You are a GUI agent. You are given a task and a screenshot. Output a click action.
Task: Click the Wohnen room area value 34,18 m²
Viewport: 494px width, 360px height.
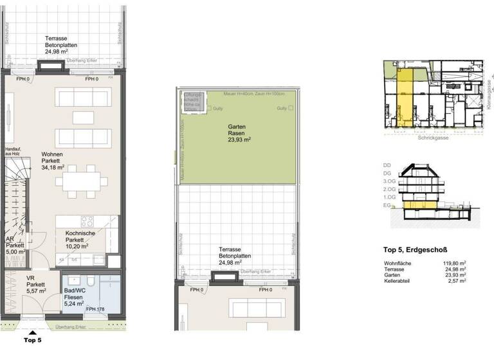(55, 168)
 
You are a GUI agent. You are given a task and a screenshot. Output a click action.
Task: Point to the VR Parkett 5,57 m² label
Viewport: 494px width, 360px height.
(35, 285)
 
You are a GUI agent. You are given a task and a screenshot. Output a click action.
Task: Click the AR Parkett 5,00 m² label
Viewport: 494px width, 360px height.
(15, 245)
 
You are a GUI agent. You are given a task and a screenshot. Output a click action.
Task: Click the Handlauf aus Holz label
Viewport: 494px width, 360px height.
(14, 150)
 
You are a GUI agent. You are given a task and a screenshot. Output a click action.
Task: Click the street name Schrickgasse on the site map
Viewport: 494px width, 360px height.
(434, 138)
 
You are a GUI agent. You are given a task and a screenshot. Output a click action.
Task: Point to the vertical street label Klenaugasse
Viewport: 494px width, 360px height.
(490, 93)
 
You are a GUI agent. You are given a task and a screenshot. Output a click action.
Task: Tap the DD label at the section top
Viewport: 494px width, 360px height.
(387, 165)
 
